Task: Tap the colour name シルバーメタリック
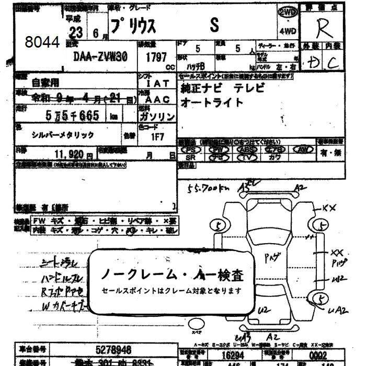63,135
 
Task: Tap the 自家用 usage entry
45,82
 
